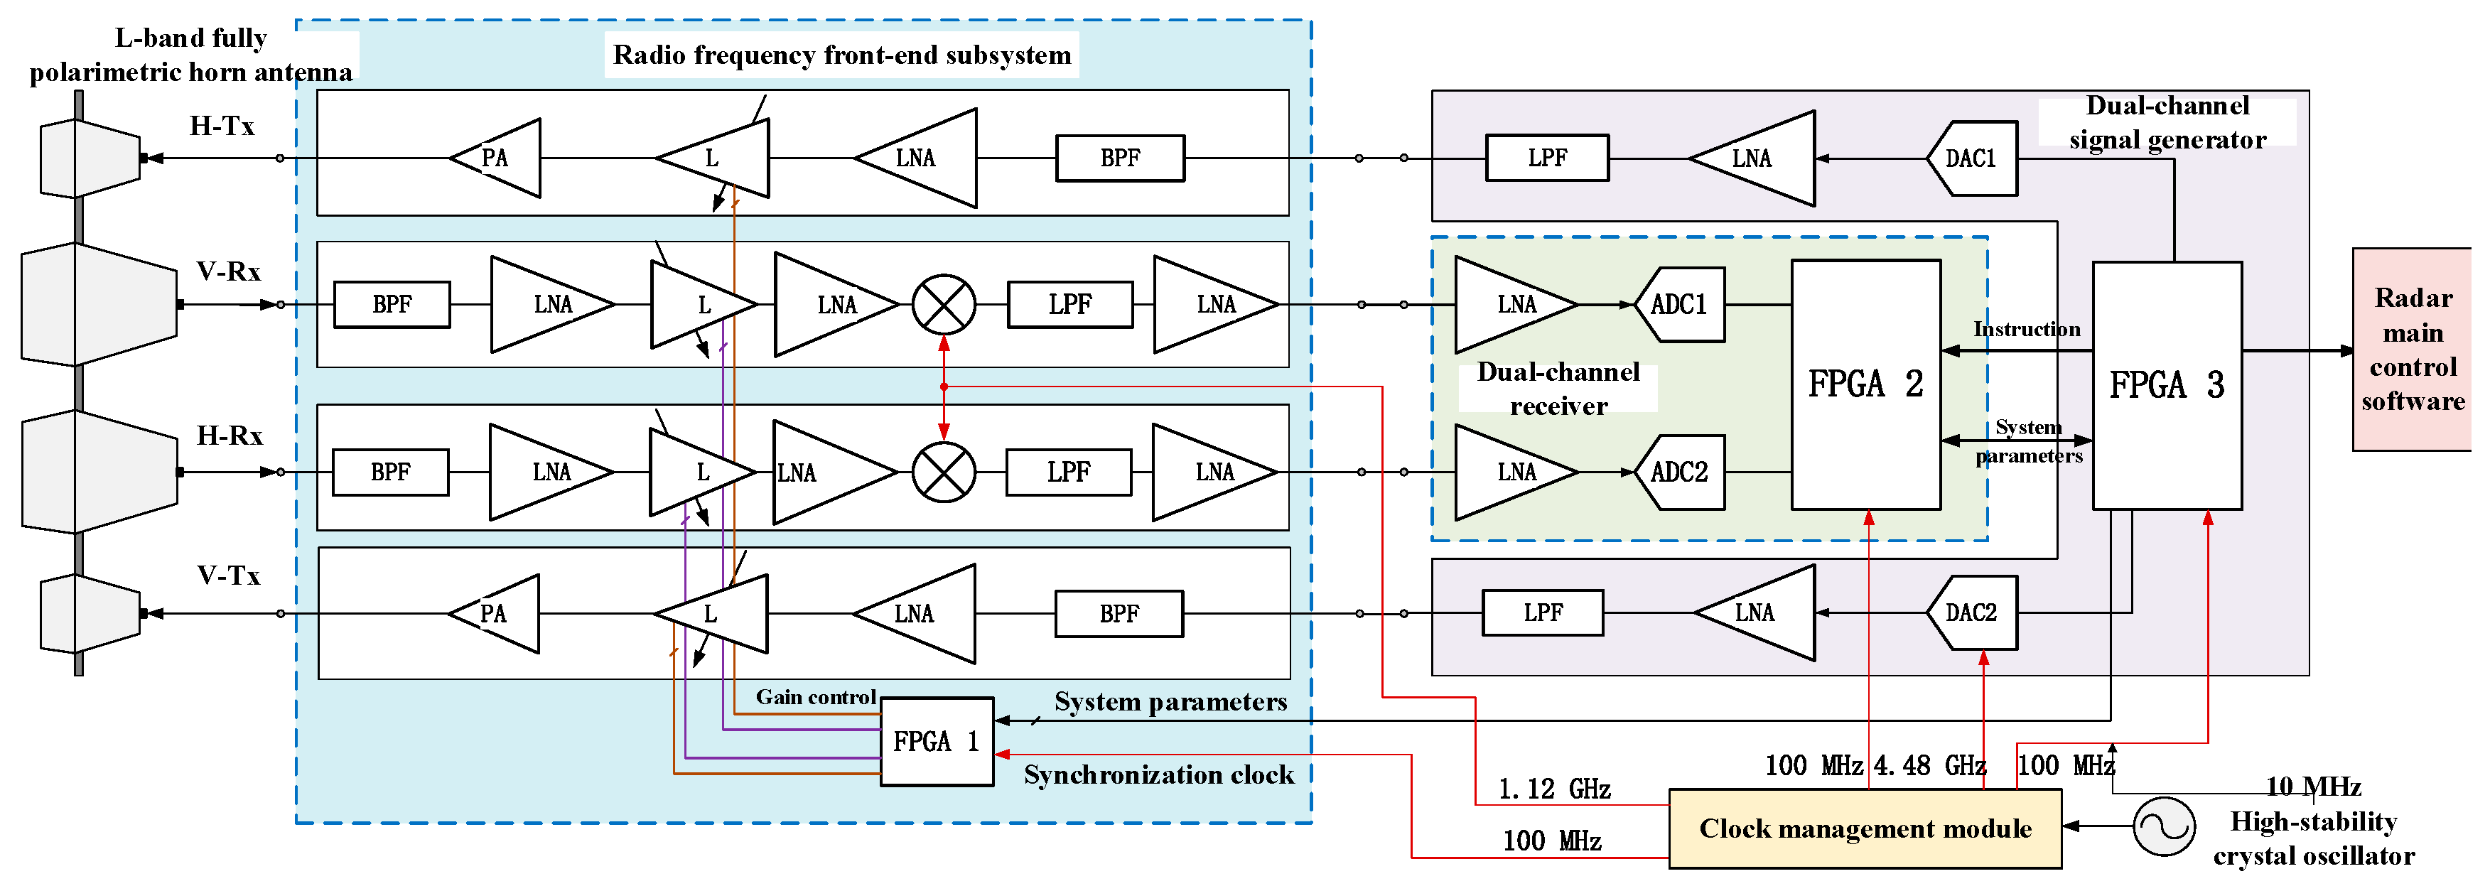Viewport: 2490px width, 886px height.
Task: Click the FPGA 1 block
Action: (936, 741)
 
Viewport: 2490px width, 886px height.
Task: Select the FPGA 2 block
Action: (1865, 384)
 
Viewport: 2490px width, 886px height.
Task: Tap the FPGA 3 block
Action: (2166, 384)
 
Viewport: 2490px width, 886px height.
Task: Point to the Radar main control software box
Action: (2412, 350)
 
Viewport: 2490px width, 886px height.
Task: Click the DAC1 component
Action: (1971, 158)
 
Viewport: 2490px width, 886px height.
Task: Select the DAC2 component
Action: (1971, 612)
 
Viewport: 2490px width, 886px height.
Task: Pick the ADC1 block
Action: (1679, 304)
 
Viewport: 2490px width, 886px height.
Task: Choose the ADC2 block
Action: (1679, 472)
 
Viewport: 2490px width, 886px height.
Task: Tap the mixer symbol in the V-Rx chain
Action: (944, 304)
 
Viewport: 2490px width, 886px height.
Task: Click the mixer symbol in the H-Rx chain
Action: (944, 472)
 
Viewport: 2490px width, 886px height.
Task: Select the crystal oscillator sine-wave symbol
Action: (2163, 826)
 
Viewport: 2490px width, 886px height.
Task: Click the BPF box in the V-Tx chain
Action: (1119, 614)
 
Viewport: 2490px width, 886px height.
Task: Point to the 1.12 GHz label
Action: (1553, 789)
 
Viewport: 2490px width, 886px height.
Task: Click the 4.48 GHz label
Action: (1929, 765)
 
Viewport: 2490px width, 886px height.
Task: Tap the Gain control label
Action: (815, 696)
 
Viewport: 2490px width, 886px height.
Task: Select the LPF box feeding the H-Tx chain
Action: (1546, 158)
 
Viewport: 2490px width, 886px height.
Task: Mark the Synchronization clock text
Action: (1158, 775)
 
